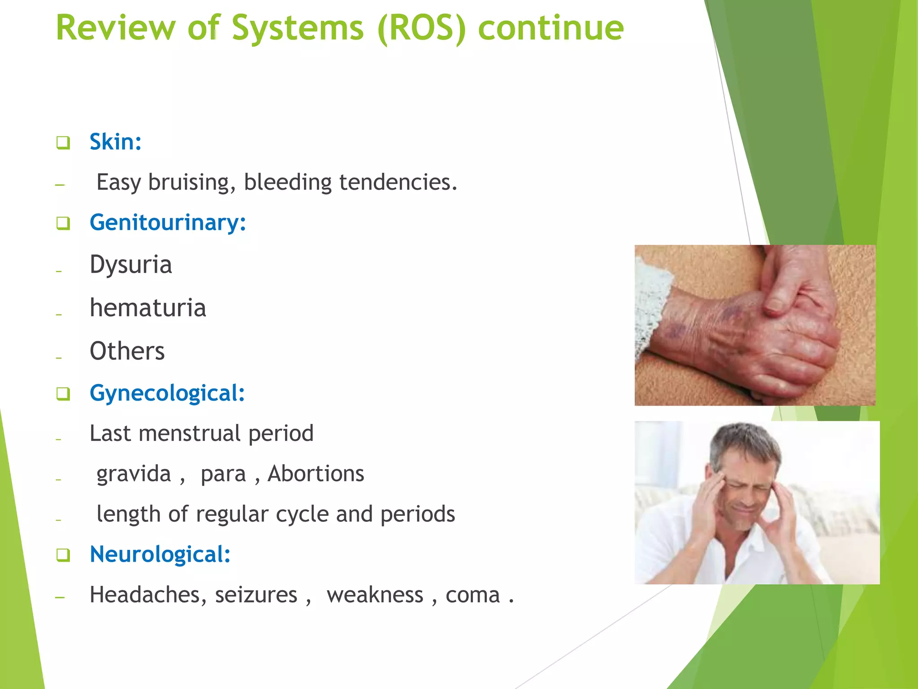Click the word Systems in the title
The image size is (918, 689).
click(x=298, y=28)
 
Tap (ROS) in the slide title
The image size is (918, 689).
click(x=422, y=28)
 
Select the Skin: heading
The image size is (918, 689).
click(x=115, y=142)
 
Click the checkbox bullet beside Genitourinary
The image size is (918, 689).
click(x=63, y=223)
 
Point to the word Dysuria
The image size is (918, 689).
click(x=130, y=264)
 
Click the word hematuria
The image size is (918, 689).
click(x=147, y=308)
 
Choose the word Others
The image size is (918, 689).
click(x=127, y=351)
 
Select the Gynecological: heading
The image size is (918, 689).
click(x=167, y=393)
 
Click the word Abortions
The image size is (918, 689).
click(x=316, y=474)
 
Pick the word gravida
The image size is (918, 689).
click(x=134, y=474)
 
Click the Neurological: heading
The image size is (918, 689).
click(x=160, y=554)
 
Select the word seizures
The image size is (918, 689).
click(x=255, y=595)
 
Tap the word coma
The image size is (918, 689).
click(x=472, y=595)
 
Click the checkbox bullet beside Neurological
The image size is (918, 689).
click(x=63, y=555)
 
